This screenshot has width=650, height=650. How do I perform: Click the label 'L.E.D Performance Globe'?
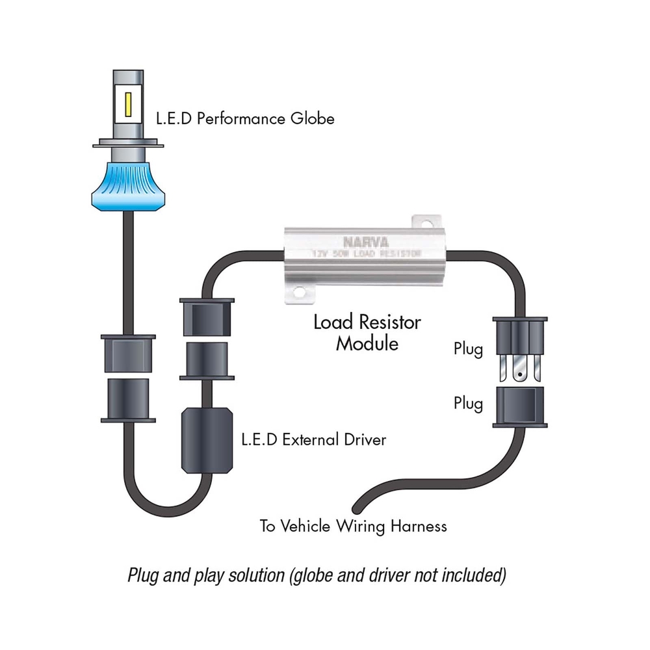coord(245,119)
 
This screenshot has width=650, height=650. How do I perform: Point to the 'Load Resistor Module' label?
coord(367,332)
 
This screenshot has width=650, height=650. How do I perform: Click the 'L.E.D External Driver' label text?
coord(313,440)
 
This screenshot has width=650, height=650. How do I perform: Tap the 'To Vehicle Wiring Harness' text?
coord(353,526)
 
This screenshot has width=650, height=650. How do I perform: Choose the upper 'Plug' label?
coord(468,350)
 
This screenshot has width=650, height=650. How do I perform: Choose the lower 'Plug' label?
coord(468,404)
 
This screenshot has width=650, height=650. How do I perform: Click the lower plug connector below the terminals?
coord(519,406)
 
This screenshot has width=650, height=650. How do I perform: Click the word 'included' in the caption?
coord(476,575)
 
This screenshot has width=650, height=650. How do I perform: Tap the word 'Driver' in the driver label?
coord(364,440)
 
